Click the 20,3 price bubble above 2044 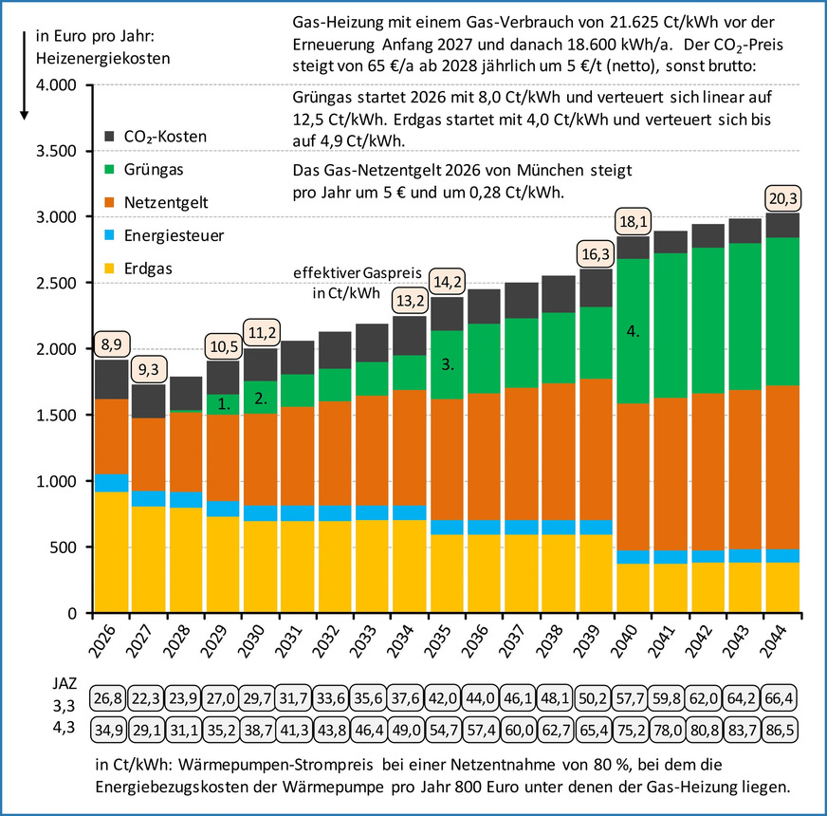(x=783, y=199)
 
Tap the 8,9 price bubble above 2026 (x=112, y=344)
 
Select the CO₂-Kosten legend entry (x=156, y=137)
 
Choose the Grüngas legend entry (x=144, y=170)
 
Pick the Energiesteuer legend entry (x=164, y=235)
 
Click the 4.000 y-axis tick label (x=56, y=85)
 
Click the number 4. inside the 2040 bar (x=633, y=331)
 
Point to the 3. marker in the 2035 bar (x=448, y=364)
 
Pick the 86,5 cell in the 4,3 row (x=779, y=731)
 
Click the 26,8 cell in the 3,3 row (x=107, y=698)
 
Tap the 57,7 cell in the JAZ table (x=630, y=698)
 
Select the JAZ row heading (x=64, y=683)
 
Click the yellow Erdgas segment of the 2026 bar (x=111, y=552)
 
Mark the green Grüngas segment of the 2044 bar (x=782, y=311)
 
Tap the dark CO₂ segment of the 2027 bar (x=148, y=401)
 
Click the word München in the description (x=550, y=170)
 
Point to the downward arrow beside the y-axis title (x=24, y=76)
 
